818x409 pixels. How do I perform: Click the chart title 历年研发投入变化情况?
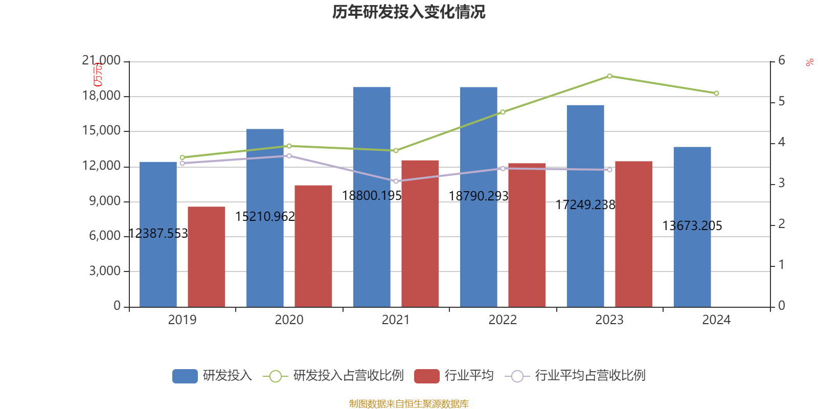click(408, 12)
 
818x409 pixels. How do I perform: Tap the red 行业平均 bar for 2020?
click(313, 245)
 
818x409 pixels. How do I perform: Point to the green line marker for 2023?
click(609, 76)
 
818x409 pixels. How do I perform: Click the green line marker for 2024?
click(716, 94)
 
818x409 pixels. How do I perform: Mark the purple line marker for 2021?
click(396, 181)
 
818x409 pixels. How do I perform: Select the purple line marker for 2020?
click(289, 156)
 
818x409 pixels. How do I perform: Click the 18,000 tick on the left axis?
click(101, 96)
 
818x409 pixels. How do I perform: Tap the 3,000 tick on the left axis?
click(105, 271)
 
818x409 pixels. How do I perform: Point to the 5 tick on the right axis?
click(781, 102)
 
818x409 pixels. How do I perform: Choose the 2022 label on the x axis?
click(503, 320)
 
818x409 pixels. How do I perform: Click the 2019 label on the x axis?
click(182, 320)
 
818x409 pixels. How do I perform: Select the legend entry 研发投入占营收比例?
click(348, 376)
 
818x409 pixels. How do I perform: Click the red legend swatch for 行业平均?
click(426, 376)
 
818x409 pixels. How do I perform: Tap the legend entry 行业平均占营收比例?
click(589, 376)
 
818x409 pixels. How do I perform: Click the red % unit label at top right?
click(809, 62)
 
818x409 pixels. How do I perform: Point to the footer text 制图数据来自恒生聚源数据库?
click(408, 404)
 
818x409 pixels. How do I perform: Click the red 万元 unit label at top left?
click(98, 75)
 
